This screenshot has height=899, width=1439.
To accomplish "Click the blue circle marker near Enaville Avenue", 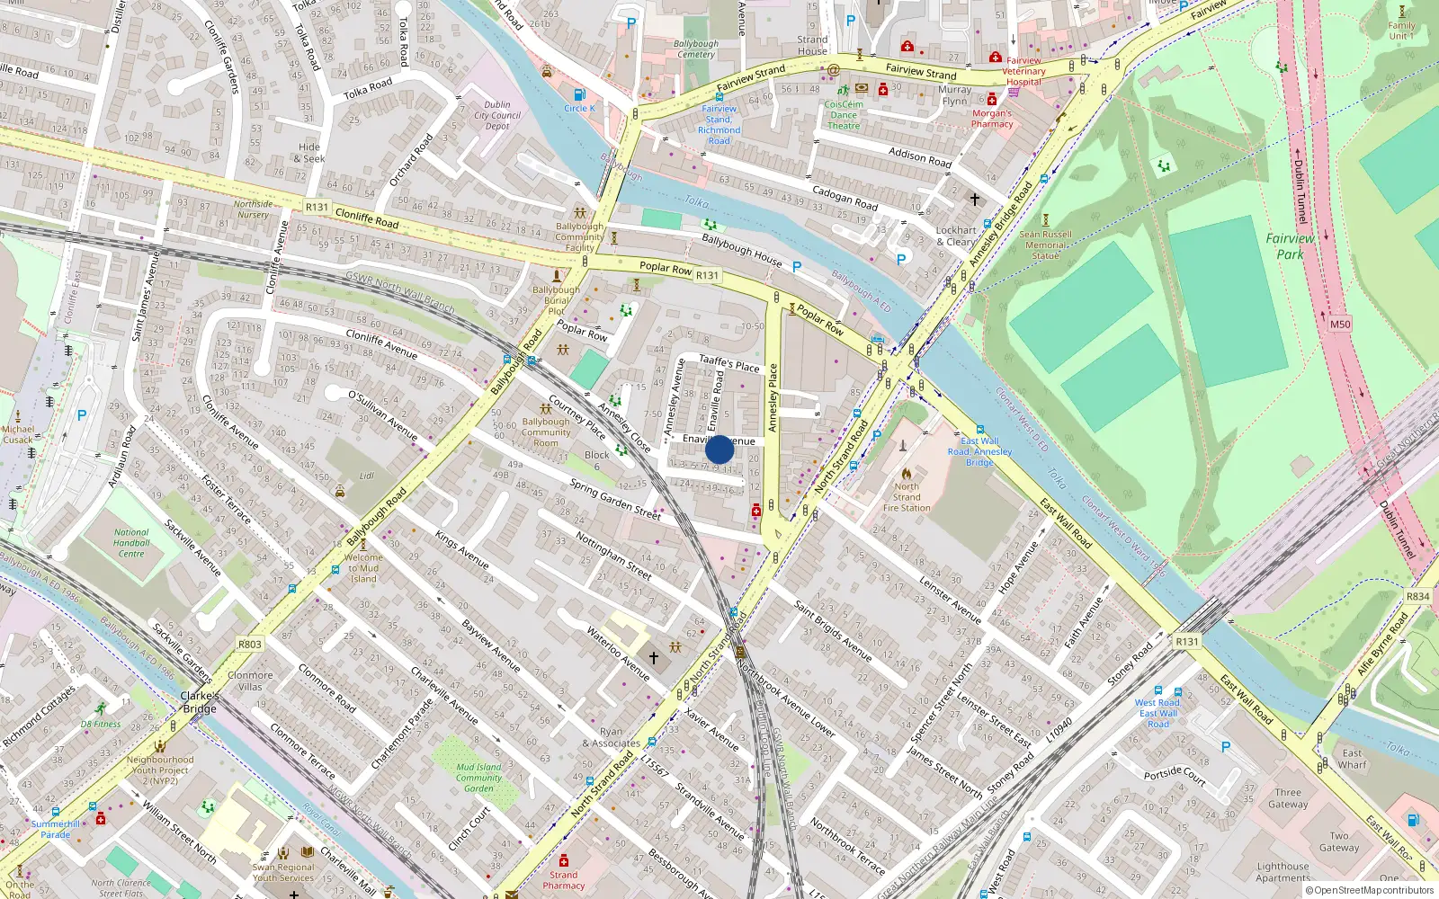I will (x=719, y=449).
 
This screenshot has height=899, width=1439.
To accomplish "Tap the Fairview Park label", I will (x=1290, y=246).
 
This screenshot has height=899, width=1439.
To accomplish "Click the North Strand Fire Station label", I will (x=907, y=497).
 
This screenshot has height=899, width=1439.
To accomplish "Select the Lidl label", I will (x=366, y=476).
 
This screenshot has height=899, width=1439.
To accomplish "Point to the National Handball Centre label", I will (x=131, y=543).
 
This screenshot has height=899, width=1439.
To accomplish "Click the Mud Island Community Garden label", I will (x=478, y=778).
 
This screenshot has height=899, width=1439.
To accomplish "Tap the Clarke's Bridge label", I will (x=199, y=702).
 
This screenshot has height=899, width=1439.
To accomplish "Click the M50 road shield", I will (x=1340, y=325).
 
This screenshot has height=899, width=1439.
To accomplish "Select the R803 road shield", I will (x=250, y=645).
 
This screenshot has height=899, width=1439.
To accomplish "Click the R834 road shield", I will (x=1417, y=597).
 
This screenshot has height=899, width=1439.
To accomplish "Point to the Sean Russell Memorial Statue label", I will (x=1045, y=245).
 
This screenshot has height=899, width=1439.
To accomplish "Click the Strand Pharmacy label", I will (x=564, y=880).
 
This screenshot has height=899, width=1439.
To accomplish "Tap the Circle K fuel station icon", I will (x=579, y=95).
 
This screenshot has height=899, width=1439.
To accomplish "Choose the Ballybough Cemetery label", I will (x=695, y=49).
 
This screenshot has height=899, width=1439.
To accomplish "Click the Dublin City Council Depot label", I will (x=497, y=115).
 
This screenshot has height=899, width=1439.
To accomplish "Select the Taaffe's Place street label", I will (x=729, y=363).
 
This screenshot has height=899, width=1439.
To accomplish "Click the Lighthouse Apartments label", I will (x=1283, y=872).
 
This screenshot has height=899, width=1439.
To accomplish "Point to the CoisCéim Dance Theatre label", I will (x=844, y=115).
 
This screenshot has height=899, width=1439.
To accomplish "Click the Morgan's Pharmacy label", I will (x=991, y=119).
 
